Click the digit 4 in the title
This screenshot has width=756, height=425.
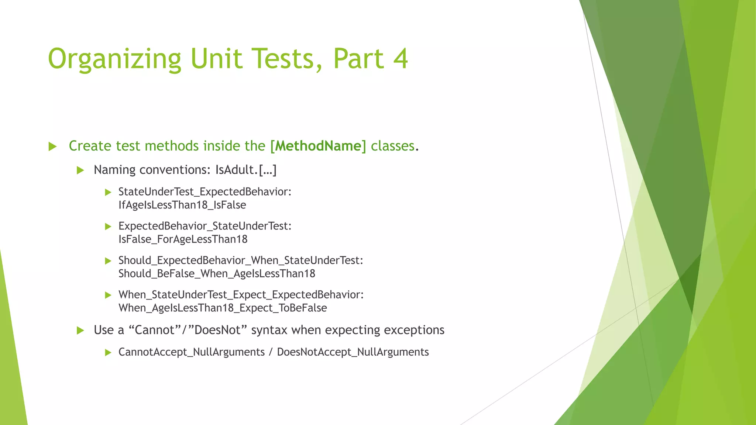click(x=400, y=59)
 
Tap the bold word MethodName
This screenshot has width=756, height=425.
click(x=318, y=146)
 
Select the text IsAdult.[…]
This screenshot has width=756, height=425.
click(x=246, y=170)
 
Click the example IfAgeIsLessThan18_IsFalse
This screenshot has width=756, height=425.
click(x=182, y=205)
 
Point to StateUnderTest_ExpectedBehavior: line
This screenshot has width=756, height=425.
click(x=205, y=192)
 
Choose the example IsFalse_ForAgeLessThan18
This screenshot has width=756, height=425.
click(x=183, y=239)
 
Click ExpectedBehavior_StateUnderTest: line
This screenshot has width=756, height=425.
click(x=205, y=226)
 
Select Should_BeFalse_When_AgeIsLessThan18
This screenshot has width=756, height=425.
click(x=217, y=274)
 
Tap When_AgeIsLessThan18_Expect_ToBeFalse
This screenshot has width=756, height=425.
click(x=223, y=308)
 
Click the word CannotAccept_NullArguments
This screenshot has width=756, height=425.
click(x=191, y=352)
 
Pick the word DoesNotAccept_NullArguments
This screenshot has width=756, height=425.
click(x=353, y=352)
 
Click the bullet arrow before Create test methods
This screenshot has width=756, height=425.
click(x=52, y=146)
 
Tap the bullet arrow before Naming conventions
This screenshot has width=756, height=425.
click(x=80, y=170)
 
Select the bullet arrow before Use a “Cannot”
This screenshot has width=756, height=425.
click(x=80, y=331)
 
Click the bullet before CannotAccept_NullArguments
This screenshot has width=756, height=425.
click(x=108, y=353)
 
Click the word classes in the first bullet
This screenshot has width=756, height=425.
click(x=392, y=146)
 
